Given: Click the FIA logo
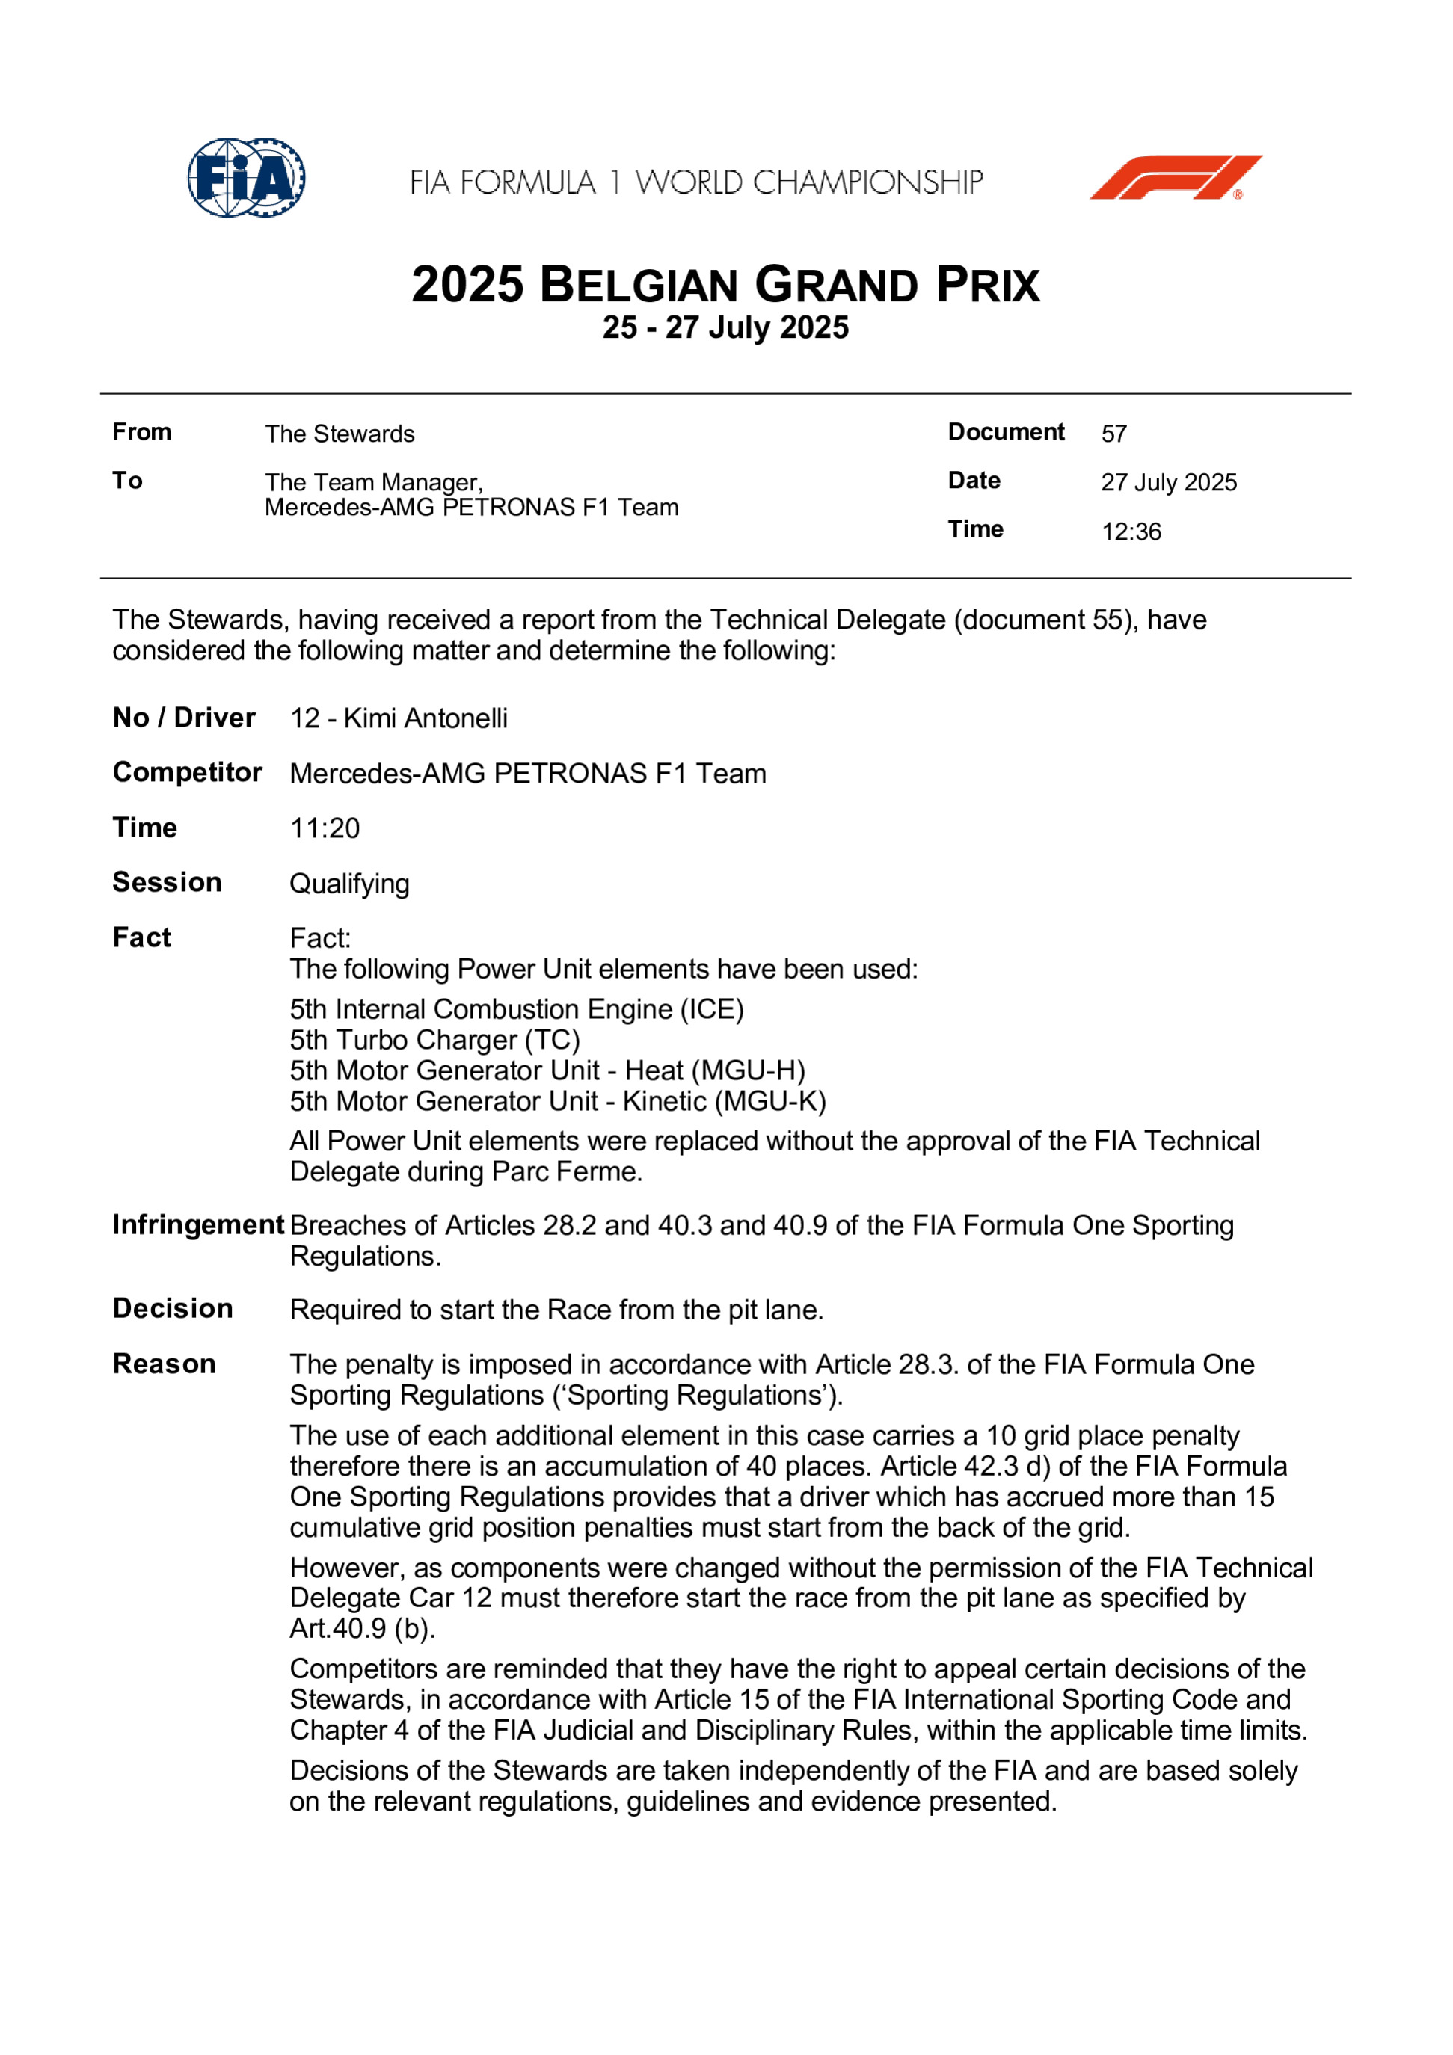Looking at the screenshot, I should point(246,177).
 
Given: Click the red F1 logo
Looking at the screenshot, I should point(1175,177).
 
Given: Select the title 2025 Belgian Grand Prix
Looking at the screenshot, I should point(725,285).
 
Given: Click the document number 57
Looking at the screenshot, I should point(1113,434).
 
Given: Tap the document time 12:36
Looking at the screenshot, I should point(1131,532).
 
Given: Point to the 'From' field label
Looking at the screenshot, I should point(141,432).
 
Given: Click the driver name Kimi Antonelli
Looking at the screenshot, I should point(426,718).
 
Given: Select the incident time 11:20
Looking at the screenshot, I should point(324,828).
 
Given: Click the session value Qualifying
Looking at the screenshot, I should point(349,884).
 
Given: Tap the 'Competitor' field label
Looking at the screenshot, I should point(187,772).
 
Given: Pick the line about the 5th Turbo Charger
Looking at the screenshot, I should point(435,1040).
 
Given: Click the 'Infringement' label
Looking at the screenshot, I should point(198,1224).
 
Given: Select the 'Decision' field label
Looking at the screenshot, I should point(173,1308).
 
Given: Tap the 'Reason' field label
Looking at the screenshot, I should point(164,1364).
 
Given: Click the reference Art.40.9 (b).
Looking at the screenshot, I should point(363,1628).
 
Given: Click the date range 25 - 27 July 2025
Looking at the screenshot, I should point(725,327).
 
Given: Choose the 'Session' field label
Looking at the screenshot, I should point(167,883).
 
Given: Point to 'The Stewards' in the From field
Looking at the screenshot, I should point(340,434).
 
